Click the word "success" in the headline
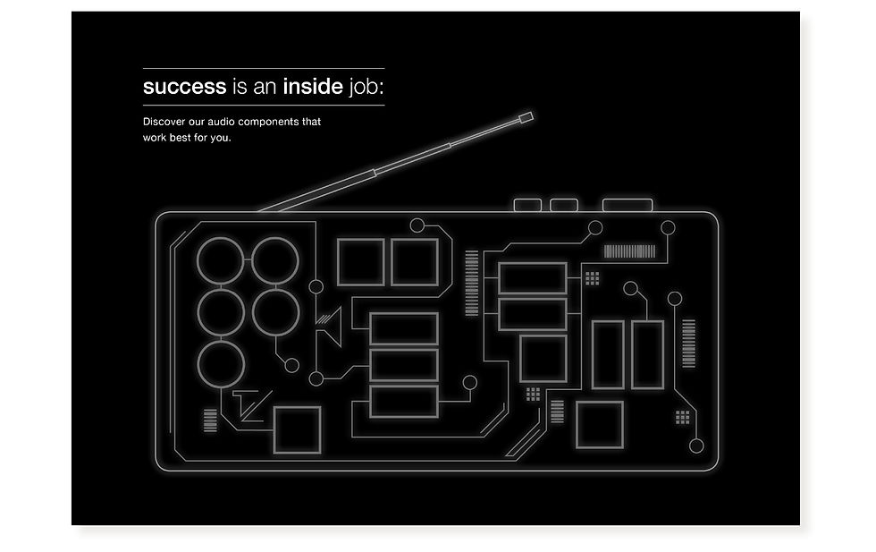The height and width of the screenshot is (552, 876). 184,87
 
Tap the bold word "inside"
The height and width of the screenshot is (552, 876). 313,87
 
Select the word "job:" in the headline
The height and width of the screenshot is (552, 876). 369,88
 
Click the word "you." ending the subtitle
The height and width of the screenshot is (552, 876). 221,138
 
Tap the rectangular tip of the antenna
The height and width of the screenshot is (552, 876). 526,117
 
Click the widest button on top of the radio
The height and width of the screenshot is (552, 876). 628,205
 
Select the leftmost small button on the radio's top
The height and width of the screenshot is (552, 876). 528,205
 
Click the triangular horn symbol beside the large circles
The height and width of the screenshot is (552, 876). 332,327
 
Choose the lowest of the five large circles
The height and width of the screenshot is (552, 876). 220,367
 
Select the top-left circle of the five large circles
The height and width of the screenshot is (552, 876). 220,259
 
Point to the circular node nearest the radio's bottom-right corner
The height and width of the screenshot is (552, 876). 696,446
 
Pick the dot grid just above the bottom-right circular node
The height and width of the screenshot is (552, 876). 683,416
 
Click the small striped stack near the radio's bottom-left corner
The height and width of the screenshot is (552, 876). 210,420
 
